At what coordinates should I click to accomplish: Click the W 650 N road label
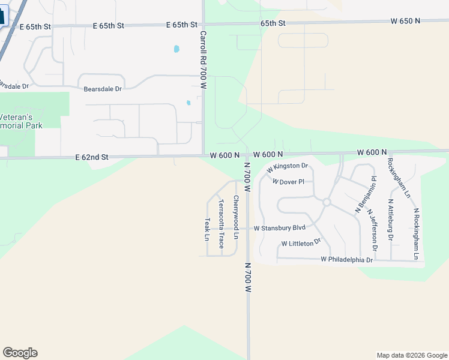[405, 21]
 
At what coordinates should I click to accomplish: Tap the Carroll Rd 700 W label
[203, 60]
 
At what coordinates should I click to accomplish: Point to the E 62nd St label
[92, 157]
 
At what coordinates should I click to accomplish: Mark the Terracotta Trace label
[221, 224]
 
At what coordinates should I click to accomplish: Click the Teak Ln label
[206, 229]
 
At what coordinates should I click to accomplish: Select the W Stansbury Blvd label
[280, 228]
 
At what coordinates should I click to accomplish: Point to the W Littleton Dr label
[301, 243]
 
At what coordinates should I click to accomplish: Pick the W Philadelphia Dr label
[347, 260]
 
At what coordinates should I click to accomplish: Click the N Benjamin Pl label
[366, 195]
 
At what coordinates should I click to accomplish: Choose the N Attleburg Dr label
[391, 220]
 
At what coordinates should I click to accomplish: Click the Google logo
[20, 353]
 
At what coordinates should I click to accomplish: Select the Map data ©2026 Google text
[411, 355]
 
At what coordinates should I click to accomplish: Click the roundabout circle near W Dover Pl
[327, 202]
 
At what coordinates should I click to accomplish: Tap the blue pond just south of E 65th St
[176, 49]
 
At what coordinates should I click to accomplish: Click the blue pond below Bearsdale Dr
[188, 103]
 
